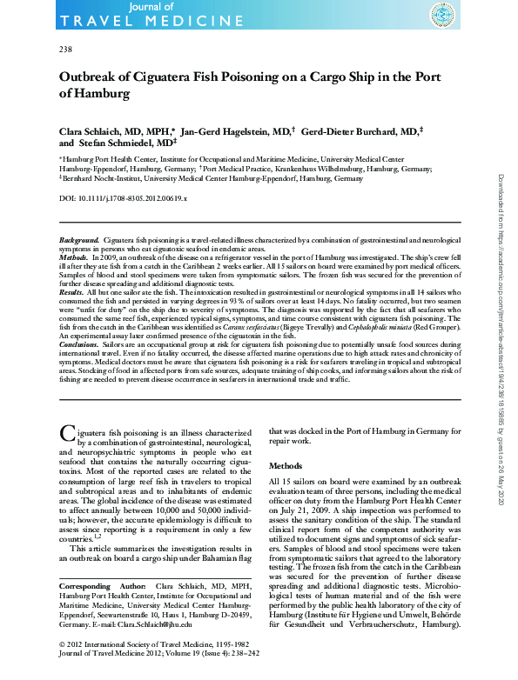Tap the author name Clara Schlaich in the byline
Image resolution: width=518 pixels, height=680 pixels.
pos(87,129)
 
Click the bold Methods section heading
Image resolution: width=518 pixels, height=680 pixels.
pos(285,465)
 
